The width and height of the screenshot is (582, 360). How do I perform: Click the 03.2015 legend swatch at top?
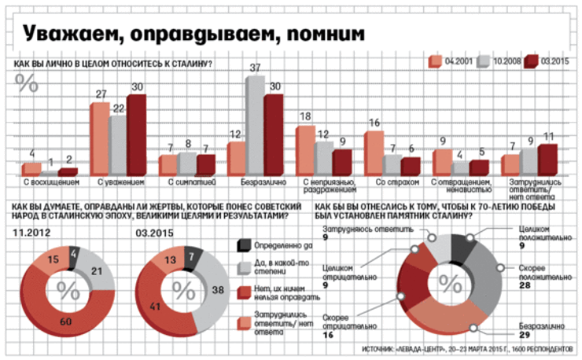[530, 61]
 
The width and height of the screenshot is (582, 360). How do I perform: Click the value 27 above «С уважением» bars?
[100, 94]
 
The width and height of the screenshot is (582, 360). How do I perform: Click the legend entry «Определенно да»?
[274, 248]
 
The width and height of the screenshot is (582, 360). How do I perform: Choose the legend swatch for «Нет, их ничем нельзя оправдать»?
[244, 293]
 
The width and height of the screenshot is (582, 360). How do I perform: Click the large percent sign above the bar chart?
[27, 83]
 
